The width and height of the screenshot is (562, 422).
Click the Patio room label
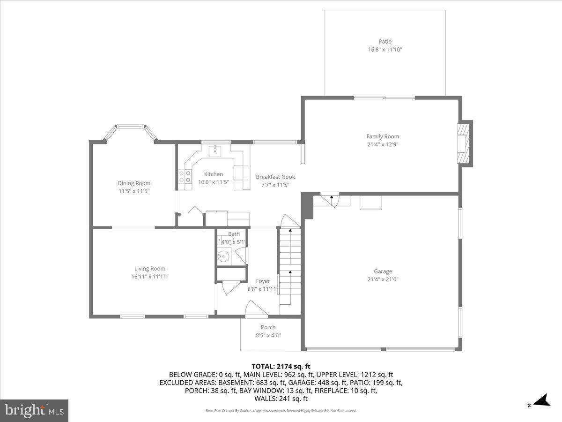coord(385,42)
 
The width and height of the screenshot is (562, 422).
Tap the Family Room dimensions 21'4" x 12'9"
coord(383,144)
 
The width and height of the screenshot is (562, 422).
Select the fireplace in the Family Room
coord(464,143)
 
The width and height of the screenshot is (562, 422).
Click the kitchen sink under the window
coord(215,150)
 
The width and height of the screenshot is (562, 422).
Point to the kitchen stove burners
coord(185,176)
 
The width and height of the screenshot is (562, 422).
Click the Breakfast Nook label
coord(275,177)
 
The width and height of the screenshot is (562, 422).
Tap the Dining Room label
coord(134,183)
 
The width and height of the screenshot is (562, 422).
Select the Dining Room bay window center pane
coord(130,126)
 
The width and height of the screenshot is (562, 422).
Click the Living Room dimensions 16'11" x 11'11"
coord(150,277)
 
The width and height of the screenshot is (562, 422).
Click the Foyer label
coord(263,281)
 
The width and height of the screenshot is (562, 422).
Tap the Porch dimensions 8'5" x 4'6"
coord(268,335)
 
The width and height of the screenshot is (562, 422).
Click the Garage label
coord(383,271)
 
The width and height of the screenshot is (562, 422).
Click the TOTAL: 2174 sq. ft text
coord(281,366)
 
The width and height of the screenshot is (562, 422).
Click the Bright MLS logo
coord(34,411)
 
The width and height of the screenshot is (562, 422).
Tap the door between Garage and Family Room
coord(332,199)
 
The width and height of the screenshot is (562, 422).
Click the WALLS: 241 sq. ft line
coord(281,399)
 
